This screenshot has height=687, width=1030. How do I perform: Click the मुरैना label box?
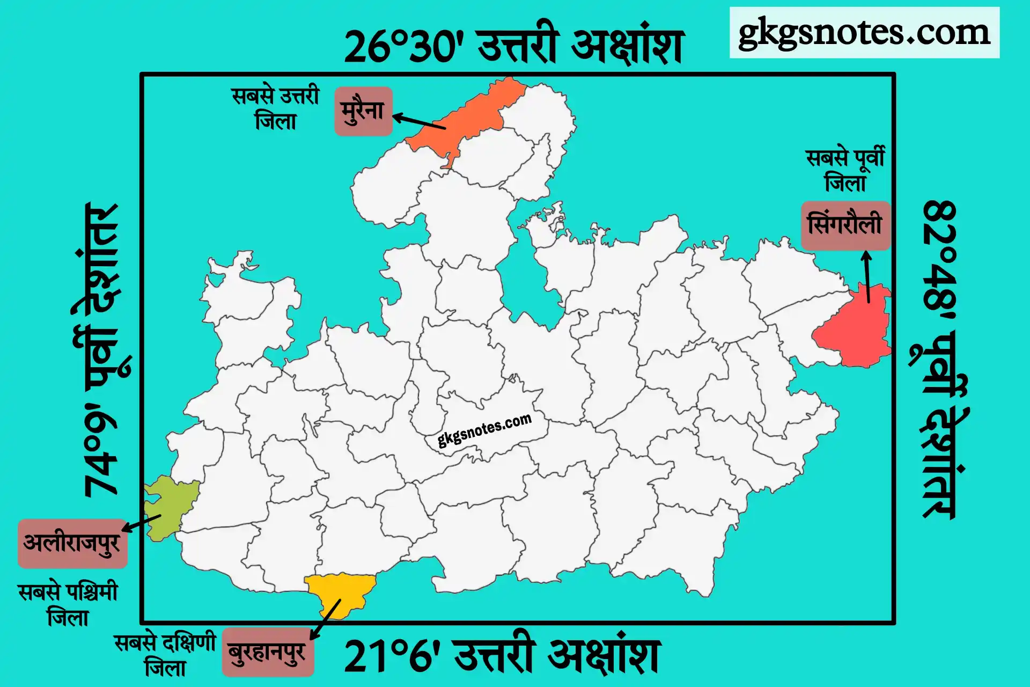coord(363,111)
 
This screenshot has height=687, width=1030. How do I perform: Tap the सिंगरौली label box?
coord(845,225)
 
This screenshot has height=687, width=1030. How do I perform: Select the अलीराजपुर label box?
coord(72,543)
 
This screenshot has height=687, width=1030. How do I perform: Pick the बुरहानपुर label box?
coord(268,652)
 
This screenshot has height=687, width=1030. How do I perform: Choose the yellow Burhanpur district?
coord(341,593)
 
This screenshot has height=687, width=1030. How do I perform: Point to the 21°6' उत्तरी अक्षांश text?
coord(502,656)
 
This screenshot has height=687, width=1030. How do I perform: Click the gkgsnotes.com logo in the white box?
coord(864,33)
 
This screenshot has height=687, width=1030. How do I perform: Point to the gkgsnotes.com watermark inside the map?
coord(484,429)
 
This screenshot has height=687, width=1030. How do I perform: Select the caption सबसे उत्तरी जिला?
coord(276,108)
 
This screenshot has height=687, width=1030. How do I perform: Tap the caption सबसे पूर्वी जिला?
coord(845,170)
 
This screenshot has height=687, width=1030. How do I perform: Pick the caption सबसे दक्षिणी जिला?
coord(165,655)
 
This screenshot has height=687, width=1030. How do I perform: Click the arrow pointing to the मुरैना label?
coord(420,121)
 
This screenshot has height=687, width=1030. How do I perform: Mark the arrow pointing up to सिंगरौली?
coord(867,276)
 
